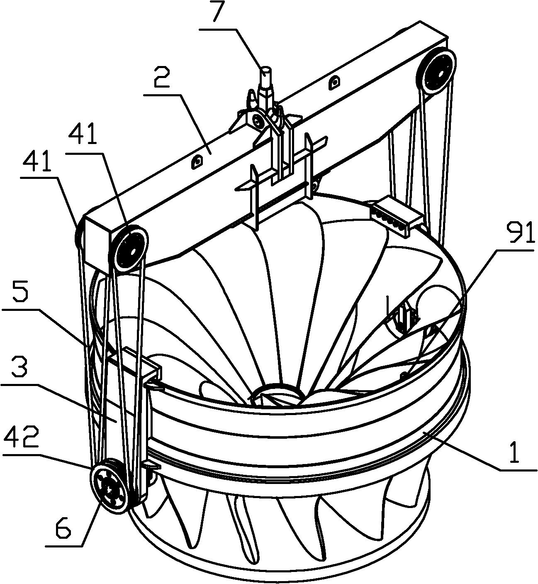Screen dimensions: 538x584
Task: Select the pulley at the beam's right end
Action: pos(436,72)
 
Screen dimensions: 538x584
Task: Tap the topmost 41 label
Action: pos(83,134)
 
